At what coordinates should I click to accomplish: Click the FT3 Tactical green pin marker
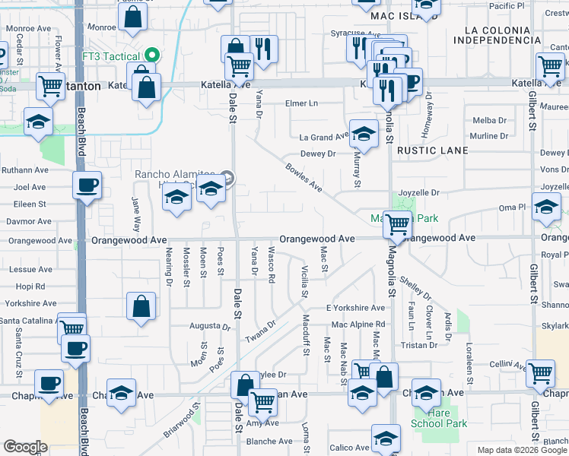pos(152,55)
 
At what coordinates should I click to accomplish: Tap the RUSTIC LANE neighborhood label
pos(433,150)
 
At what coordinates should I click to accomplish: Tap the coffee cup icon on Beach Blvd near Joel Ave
pos(87,185)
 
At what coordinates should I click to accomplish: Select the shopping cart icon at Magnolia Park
pos(397,223)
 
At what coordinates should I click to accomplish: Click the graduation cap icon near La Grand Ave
pos(364,133)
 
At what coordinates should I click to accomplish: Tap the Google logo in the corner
pos(25,447)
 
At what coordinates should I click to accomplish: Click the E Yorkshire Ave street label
pos(355,308)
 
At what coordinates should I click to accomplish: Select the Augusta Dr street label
pos(209,326)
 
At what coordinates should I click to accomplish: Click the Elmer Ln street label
pos(301,103)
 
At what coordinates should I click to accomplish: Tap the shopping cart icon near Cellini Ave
pos(539,372)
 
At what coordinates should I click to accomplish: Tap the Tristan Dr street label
pos(419,344)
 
